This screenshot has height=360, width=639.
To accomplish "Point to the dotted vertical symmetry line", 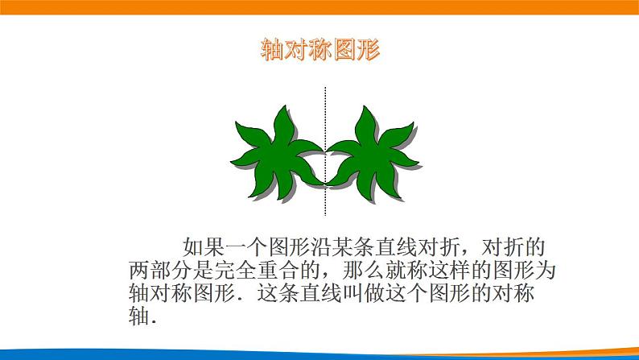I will point(325,113).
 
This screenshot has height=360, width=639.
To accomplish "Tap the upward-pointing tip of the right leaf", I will point(366,108).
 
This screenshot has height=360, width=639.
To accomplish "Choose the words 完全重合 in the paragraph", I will point(258,268).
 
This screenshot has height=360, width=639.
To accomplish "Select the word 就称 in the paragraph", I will point(412,268).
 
